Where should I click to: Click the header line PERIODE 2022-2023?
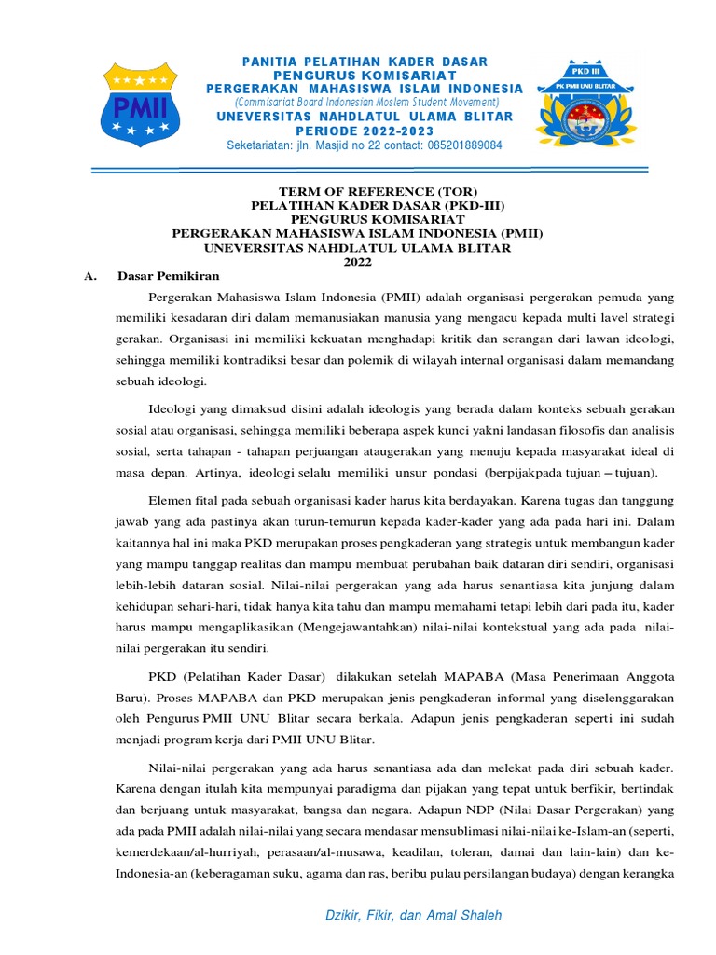pos(365,131)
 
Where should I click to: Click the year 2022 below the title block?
pos(358,262)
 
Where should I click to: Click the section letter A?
pos(89,276)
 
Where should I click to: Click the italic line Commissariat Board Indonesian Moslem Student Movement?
pos(366,102)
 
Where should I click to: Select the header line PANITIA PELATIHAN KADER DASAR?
pos(365,62)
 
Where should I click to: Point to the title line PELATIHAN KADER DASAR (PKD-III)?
pos(358,206)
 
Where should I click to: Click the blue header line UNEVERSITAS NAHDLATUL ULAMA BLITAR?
pos(365,117)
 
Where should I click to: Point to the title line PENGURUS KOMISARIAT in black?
pos(358,220)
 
